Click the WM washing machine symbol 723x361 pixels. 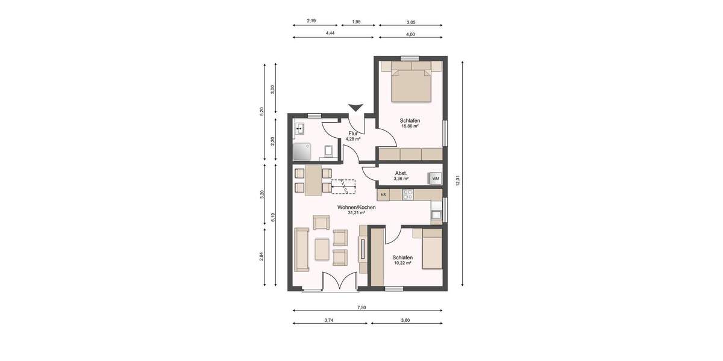(435, 178)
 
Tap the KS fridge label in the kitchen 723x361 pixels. (383, 195)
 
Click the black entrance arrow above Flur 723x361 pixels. (356, 108)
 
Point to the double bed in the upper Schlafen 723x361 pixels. (412, 85)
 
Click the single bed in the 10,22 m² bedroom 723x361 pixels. (431, 248)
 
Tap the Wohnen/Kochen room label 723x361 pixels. (356, 208)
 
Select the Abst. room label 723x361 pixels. (401, 173)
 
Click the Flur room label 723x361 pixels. (353, 134)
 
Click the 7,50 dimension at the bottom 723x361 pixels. (361, 307)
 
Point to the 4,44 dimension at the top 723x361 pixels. (330, 34)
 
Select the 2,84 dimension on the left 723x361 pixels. (261, 256)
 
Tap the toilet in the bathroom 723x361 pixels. (328, 151)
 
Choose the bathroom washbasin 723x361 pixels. (299, 128)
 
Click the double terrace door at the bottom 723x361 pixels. (340, 282)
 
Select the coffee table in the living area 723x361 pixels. (322, 248)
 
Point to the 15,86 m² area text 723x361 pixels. (410, 126)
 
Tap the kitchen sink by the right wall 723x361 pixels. (436, 213)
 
